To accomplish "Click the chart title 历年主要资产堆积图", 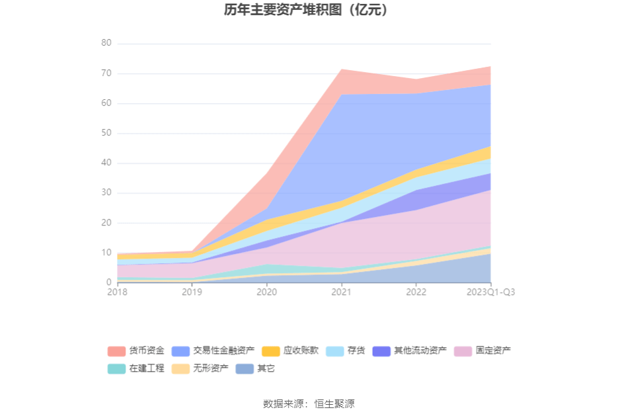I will pos(305,10).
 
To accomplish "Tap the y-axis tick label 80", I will pos(106,44).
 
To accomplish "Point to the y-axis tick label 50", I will pos(106,134).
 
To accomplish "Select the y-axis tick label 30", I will pos(106,193).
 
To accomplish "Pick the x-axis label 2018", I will pos(117,292).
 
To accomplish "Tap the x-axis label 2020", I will pos(266,292).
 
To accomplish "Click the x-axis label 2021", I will pos(341,292).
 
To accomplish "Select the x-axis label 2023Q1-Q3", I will pos(490,292).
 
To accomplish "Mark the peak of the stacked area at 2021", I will pos(341,69).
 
